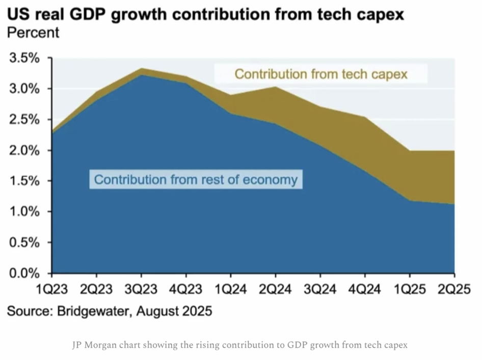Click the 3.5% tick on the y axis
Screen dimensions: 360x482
coord(24,58)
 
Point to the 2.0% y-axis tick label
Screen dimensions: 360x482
coord(24,150)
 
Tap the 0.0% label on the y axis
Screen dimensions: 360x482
coord(24,273)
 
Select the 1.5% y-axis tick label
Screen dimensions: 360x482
coord(24,181)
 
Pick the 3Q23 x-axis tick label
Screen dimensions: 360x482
coord(141,290)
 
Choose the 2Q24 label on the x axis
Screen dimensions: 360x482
coord(275,290)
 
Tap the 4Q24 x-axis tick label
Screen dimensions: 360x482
coord(365,290)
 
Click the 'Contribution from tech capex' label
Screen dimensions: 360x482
coord(321,74)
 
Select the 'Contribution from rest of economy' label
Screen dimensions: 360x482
coord(196,180)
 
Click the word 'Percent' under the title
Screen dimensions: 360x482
coord(33,33)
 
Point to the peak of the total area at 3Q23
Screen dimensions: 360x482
coord(141,68)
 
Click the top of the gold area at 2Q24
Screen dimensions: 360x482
coord(275,87)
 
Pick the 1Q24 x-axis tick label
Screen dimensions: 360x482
coord(230,290)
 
